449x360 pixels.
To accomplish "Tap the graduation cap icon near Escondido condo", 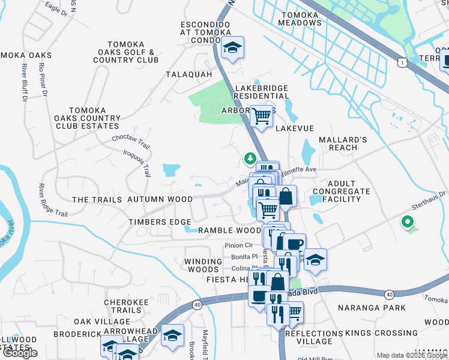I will [231, 47].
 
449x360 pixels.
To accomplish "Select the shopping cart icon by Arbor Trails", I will [261, 116].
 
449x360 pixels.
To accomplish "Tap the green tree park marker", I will [249, 158].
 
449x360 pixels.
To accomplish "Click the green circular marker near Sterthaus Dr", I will [408, 223].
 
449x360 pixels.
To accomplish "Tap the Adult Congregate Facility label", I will [342, 191].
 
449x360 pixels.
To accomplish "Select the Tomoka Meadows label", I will [300, 19].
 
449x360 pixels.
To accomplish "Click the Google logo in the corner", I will [20, 353].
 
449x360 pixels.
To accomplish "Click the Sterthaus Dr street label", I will [430, 200].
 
